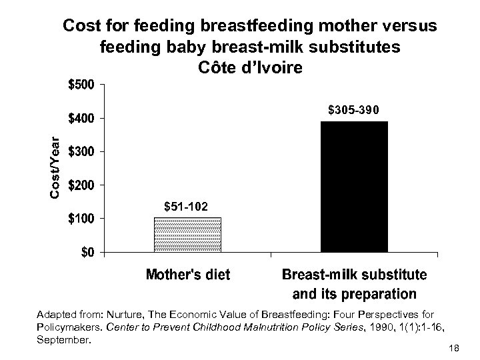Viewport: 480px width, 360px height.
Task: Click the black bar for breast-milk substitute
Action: point(354,187)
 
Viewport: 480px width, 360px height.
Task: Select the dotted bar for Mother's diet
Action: point(187,235)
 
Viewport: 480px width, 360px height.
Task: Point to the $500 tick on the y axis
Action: point(83,85)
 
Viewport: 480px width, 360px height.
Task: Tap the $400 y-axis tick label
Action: point(83,118)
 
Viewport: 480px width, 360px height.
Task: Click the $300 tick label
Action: point(83,151)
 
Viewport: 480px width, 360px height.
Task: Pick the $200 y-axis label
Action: point(83,185)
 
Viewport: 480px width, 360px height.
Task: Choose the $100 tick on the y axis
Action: point(83,219)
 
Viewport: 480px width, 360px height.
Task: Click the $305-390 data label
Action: point(354,109)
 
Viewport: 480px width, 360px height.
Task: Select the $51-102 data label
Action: point(187,208)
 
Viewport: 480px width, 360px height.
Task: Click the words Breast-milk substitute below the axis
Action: point(354,275)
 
